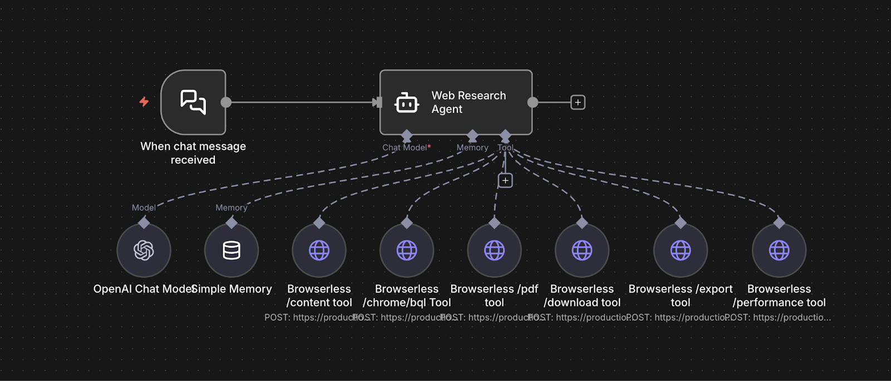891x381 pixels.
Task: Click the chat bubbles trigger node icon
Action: coord(193,102)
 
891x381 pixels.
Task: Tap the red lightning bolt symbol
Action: coord(144,101)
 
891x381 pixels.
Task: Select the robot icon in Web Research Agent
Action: coord(407,103)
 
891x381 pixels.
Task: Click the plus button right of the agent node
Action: coord(578,102)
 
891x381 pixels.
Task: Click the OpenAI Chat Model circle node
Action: coord(144,251)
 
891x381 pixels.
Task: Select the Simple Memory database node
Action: coord(232,251)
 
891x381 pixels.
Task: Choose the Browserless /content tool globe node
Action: coord(319,251)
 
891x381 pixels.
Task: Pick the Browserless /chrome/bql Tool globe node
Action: coord(407,251)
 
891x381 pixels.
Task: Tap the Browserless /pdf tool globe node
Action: coord(495,251)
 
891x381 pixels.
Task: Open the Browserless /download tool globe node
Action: coord(582,251)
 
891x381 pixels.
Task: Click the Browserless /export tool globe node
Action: coord(681,251)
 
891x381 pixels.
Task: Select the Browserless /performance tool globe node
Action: coord(779,251)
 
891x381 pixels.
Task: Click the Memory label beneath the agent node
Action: coord(472,148)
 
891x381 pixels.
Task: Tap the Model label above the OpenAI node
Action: coord(144,208)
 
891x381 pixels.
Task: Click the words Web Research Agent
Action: coord(468,102)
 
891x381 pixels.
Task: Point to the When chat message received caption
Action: coord(193,153)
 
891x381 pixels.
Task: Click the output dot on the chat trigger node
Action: coord(226,102)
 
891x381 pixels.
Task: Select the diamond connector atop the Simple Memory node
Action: coord(232,223)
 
